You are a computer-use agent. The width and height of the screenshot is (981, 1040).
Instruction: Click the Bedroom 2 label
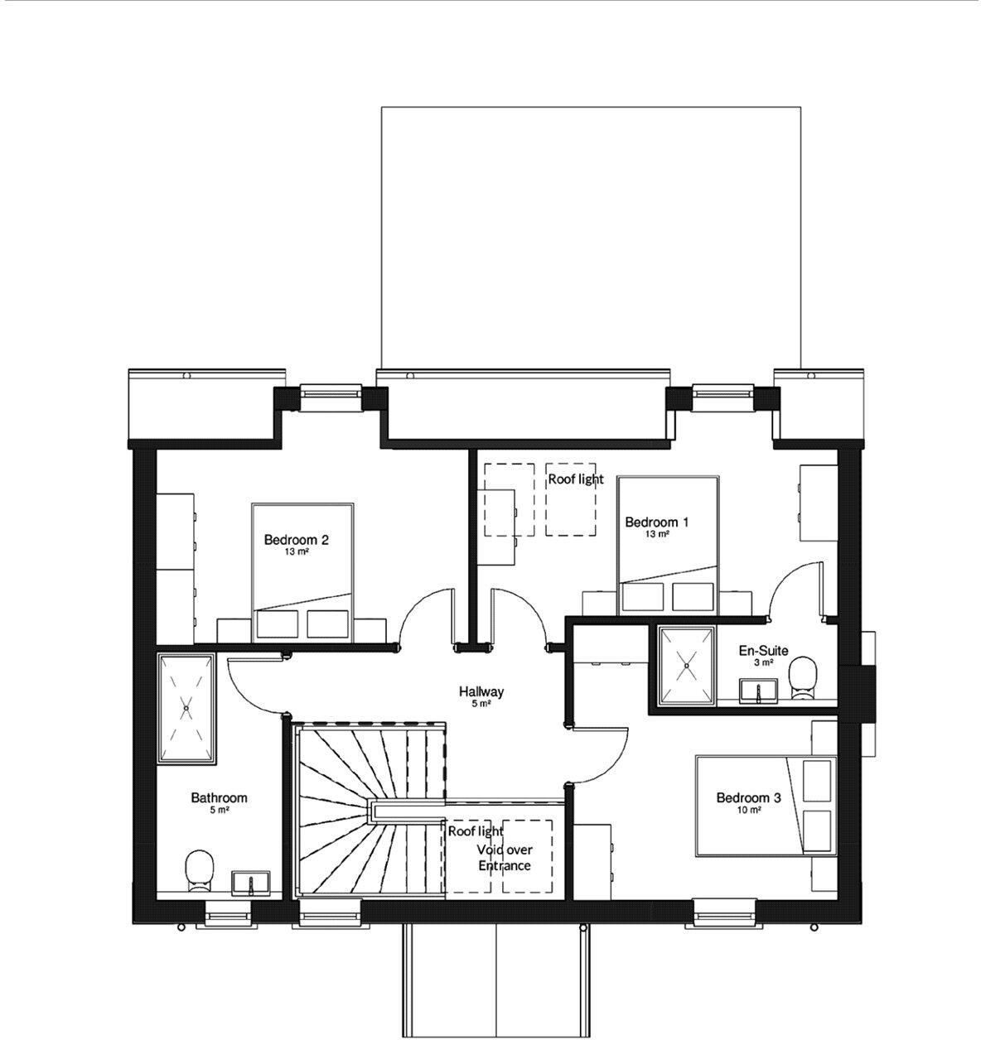pyautogui.click(x=296, y=540)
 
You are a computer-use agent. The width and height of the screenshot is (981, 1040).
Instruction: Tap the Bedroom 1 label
pyautogui.click(x=656, y=522)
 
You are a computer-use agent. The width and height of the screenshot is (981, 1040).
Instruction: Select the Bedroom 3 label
pyautogui.click(x=748, y=797)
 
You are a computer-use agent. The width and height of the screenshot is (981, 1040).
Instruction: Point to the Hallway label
pyautogui.click(x=481, y=691)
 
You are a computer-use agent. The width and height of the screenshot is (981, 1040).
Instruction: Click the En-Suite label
pyautogui.click(x=763, y=650)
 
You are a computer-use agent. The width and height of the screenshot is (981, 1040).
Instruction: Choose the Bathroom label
pyautogui.click(x=219, y=797)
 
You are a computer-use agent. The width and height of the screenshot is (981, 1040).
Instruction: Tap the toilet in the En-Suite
pyautogui.click(x=802, y=676)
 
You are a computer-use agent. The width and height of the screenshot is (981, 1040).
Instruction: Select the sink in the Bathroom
pyautogui.click(x=251, y=882)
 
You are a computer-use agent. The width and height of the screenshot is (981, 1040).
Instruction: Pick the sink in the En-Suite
pyautogui.click(x=758, y=689)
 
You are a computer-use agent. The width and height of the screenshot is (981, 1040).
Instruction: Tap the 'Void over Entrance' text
pyautogui.click(x=504, y=858)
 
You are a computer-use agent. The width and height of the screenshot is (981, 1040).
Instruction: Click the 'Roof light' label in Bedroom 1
pyautogui.click(x=576, y=479)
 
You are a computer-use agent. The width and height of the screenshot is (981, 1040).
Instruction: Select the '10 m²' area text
pyautogui.click(x=748, y=811)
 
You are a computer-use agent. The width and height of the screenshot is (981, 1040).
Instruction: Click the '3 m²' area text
pyautogui.click(x=763, y=662)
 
